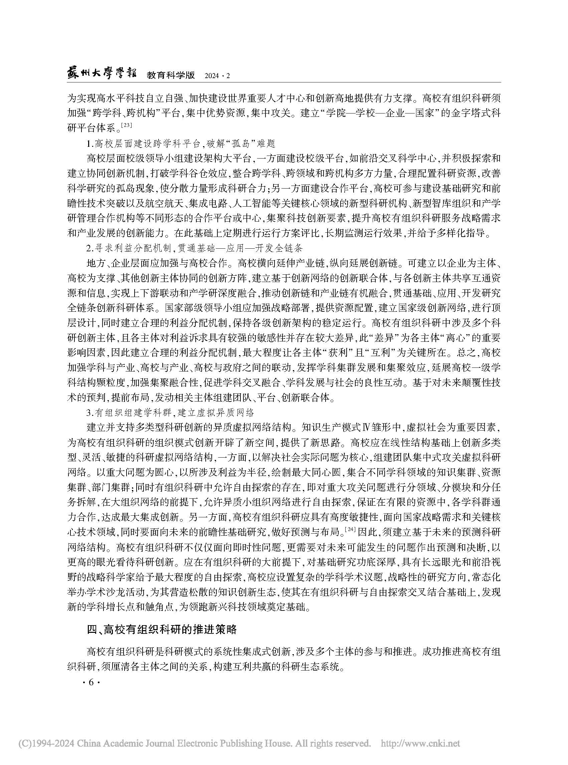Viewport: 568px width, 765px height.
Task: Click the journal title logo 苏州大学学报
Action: coord(102,73)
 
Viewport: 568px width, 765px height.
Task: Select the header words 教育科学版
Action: coord(171,75)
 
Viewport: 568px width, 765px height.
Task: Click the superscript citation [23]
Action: coord(127,125)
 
